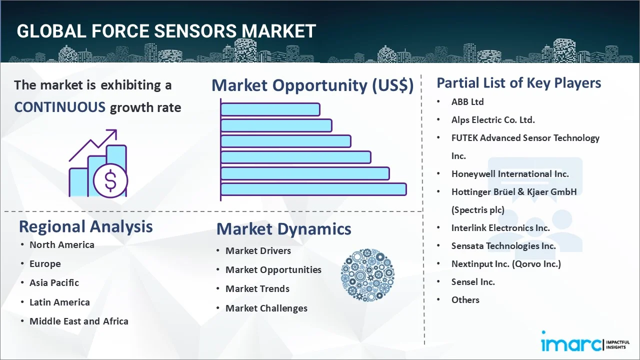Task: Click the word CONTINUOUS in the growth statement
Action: click(x=60, y=107)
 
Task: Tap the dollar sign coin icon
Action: click(x=110, y=180)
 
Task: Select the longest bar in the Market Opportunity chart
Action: click(x=313, y=189)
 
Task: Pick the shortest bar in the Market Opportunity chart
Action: click(x=270, y=109)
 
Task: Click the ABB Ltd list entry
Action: click(x=467, y=101)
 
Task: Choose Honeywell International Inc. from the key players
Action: click(x=510, y=173)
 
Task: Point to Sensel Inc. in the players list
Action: click(x=473, y=281)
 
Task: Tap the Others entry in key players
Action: click(x=465, y=299)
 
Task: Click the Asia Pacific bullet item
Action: click(x=54, y=282)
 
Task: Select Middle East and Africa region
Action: click(x=79, y=321)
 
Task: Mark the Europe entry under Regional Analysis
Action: click(x=45, y=263)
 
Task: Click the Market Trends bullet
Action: click(x=257, y=288)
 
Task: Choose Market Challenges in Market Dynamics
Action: click(x=266, y=308)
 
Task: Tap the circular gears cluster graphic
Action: click(x=367, y=275)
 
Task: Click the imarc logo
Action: click(x=585, y=342)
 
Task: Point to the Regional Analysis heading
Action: click(x=85, y=226)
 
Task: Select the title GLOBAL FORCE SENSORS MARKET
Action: click(x=166, y=31)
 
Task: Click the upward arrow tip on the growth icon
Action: click(x=116, y=130)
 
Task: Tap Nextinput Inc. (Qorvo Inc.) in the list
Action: click(x=506, y=263)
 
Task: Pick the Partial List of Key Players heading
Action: click(x=519, y=83)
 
